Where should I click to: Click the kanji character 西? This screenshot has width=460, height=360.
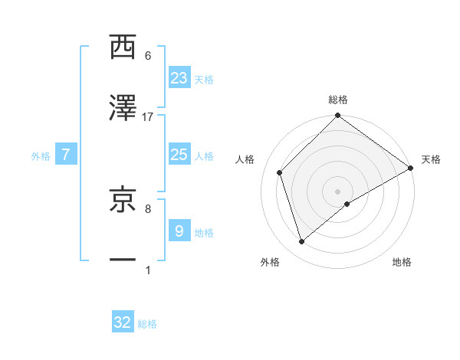[123, 47]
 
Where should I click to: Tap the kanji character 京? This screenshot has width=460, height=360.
[123, 198]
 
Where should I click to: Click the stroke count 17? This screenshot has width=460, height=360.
[148, 117]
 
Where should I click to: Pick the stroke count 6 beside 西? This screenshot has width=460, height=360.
[148, 56]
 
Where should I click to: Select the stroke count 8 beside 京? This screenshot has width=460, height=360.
[148, 208]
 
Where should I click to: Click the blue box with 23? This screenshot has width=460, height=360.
[179, 78]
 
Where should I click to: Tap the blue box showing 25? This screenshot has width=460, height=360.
[179, 155]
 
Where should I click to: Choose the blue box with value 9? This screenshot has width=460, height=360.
[179, 231]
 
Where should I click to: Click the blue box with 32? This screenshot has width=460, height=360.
[123, 322]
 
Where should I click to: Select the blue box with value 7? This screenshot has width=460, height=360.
[67, 155]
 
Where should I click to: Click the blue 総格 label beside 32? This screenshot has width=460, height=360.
[147, 324]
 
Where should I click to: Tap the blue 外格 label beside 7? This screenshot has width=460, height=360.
[41, 156]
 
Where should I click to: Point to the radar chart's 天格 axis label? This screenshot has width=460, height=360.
[431, 159]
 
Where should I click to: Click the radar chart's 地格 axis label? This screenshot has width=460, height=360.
[402, 262]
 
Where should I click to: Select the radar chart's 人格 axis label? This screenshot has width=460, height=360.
[245, 159]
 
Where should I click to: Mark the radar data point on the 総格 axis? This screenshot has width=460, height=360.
[337, 116]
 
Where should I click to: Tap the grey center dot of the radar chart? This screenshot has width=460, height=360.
[337, 191]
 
